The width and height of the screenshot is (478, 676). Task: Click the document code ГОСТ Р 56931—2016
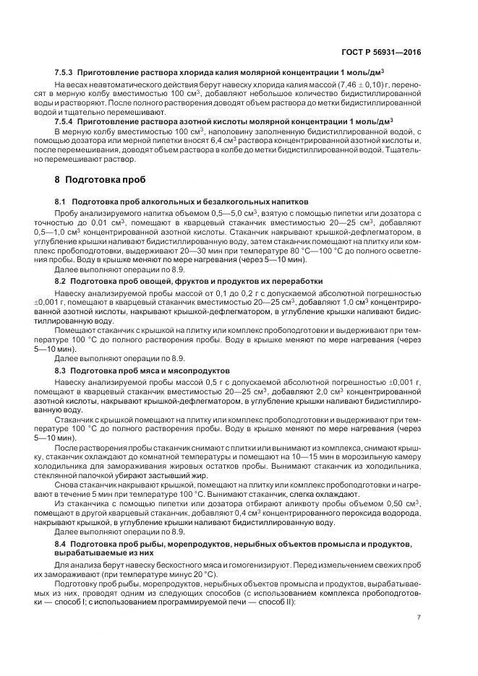(x=384, y=53)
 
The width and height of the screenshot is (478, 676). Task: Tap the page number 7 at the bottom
(x=419, y=616)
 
